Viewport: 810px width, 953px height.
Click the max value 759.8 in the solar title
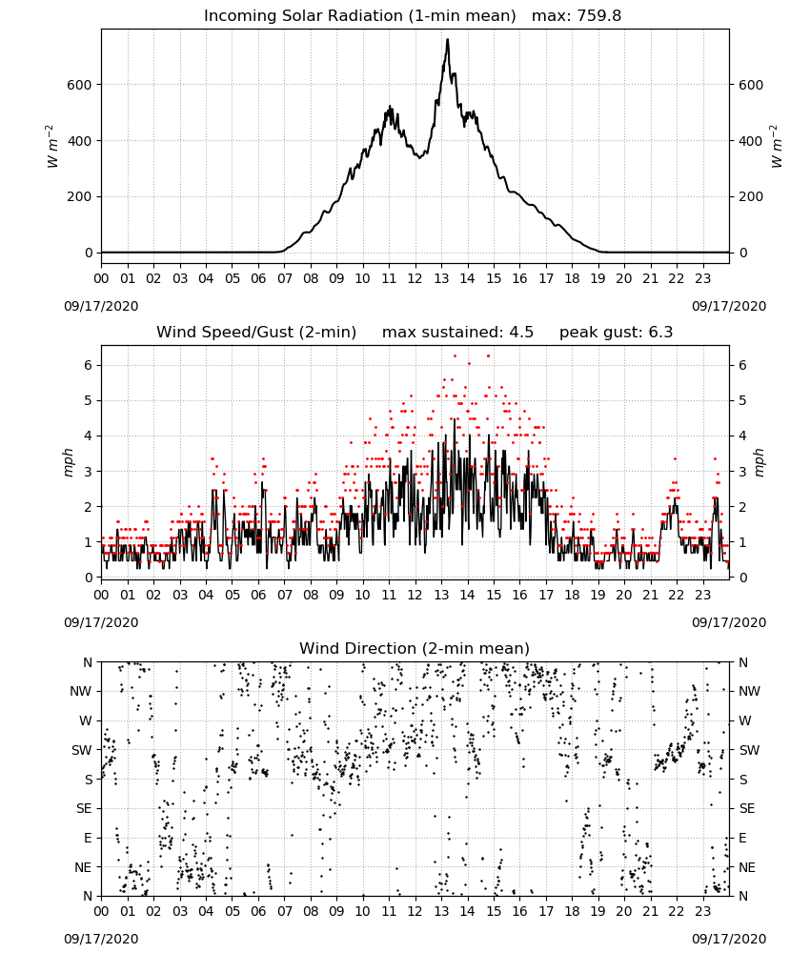coord(598,16)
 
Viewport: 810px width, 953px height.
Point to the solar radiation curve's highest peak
coord(448,39)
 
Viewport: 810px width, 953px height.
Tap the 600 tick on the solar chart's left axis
coord(79,85)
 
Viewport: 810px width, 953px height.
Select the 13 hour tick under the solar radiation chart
coord(441,279)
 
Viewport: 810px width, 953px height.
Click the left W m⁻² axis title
coord(52,147)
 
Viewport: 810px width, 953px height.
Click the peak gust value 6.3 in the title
coord(660,333)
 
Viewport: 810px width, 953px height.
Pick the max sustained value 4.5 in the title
coord(520,333)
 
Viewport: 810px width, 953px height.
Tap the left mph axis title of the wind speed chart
coord(68,462)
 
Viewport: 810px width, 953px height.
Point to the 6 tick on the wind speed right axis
coord(742,365)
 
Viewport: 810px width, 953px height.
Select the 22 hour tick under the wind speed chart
coord(677,595)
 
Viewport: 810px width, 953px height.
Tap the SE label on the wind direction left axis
coord(84,808)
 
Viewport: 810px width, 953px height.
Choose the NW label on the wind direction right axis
coord(749,691)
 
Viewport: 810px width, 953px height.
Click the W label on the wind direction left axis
coord(86,720)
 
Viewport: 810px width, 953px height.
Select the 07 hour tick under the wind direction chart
coord(284,912)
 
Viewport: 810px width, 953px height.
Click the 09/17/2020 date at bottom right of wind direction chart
coord(729,939)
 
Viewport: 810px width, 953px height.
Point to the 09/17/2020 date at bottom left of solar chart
coord(101,306)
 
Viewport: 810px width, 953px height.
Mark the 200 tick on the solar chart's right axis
coord(751,197)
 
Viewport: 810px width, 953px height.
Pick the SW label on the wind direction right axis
coord(749,750)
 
